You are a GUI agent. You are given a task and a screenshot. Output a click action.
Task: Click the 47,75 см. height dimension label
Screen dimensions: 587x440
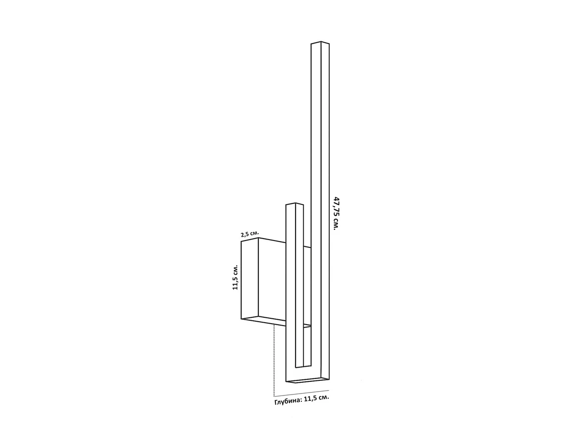tap(336, 213)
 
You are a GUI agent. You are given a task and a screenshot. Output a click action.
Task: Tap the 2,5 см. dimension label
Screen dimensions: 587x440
tap(250, 234)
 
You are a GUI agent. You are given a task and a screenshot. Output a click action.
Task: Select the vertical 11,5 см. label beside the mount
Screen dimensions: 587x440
tap(235, 277)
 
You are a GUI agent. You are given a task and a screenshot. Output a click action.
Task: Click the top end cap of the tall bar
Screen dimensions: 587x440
tap(320, 43)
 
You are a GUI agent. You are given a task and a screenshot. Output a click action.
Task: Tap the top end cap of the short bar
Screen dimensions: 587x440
tap(294, 204)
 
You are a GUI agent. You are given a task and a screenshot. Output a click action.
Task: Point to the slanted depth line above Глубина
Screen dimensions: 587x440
tap(301, 393)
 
